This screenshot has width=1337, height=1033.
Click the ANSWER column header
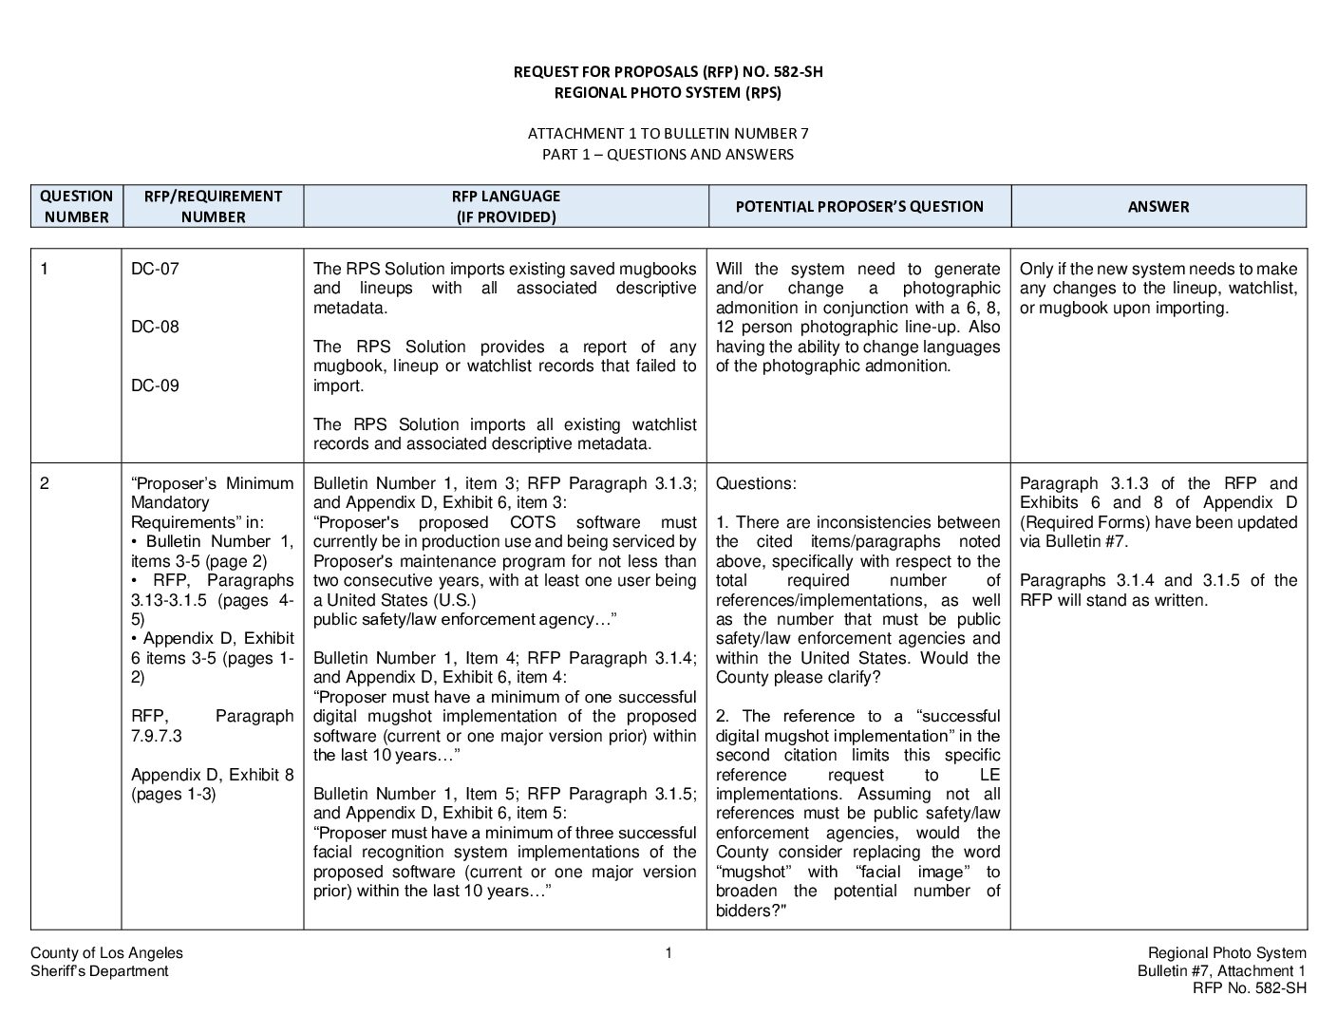1158,206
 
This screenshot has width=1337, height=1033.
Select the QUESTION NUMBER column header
76,206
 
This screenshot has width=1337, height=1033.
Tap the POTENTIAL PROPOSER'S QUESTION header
859,206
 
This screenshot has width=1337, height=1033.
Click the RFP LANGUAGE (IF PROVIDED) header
505,206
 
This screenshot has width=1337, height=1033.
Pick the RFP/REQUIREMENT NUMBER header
213,206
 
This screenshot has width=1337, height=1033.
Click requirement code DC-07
155,269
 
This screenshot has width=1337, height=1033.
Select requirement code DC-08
155,328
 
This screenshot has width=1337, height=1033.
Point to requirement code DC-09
155,385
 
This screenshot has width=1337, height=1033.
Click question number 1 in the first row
44,269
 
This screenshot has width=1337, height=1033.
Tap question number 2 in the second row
44,483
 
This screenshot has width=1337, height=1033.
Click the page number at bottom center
668,953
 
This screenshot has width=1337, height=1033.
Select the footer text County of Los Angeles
106,953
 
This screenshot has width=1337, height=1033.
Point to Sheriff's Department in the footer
99,970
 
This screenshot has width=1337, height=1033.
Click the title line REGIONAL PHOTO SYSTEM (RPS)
668,93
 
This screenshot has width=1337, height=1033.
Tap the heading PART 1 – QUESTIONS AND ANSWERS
668,154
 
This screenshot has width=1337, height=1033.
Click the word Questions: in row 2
756,483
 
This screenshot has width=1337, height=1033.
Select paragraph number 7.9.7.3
156,736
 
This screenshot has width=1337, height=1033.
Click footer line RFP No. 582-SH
1249,988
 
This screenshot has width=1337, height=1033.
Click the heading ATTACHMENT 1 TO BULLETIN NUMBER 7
668,134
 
